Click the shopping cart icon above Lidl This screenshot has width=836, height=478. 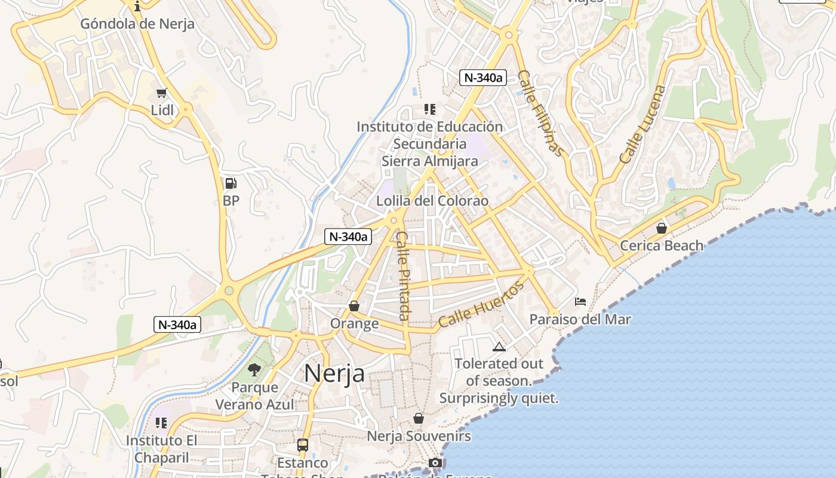tap(161, 93)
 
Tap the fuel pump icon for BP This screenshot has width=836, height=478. tap(230, 183)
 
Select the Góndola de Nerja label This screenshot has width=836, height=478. tap(137, 24)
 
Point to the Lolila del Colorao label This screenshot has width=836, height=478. tap(432, 201)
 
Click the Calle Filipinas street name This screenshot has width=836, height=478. tap(540, 113)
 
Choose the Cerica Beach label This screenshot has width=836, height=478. tap(662, 245)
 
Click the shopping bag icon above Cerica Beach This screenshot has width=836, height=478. tap(662, 228)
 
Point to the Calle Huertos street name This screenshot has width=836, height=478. tap(481, 304)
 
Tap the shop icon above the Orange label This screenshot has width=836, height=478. tap(354, 306)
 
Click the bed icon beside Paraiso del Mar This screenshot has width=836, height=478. tap(580, 302)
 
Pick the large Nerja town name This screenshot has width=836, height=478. tap(334, 373)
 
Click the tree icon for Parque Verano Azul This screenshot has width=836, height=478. tap(254, 369)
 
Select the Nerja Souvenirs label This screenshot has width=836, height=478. tap(419, 436)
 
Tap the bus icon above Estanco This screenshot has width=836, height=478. tap(303, 445)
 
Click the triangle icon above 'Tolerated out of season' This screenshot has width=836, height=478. tap(499, 347)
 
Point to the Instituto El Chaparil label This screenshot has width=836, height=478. tap(158, 449)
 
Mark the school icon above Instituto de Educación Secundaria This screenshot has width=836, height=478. tap(429, 109)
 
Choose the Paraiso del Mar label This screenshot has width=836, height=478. tap(580, 319)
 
